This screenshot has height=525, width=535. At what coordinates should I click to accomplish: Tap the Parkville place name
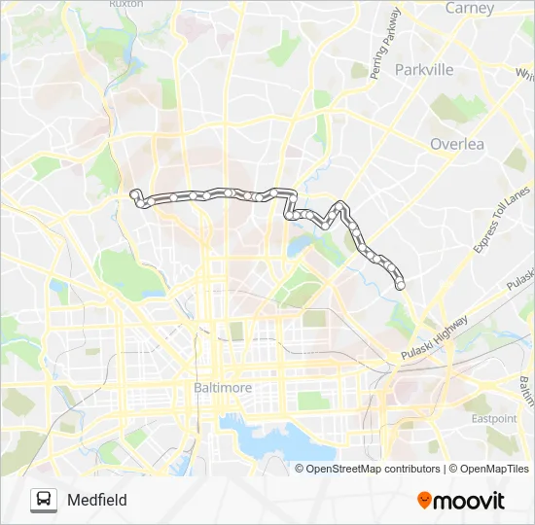[x=424, y=70]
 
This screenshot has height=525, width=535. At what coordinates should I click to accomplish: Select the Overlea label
[x=456, y=144]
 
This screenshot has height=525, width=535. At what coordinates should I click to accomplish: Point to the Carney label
[x=470, y=8]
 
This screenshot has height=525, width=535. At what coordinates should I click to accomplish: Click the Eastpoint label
[x=494, y=418]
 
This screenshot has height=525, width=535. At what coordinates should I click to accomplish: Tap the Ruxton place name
[x=126, y=4]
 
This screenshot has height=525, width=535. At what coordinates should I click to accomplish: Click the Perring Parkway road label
[x=385, y=44]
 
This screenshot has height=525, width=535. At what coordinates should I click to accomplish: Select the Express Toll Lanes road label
[x=498, y=223]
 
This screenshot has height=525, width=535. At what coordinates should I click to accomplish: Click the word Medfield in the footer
[x=97, y=500]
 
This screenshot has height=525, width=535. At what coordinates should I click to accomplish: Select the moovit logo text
[x=470, y=501]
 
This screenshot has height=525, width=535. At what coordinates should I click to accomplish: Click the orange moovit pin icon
[x=425, y=501]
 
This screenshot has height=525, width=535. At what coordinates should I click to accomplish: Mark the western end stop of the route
[x=134, y=194]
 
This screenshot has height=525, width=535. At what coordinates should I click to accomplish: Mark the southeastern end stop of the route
[x=400, y=284]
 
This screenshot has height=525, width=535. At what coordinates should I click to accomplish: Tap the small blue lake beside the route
[x=296, y=248]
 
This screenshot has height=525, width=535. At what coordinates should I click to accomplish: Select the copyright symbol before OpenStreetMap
[x=301, y=469]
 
